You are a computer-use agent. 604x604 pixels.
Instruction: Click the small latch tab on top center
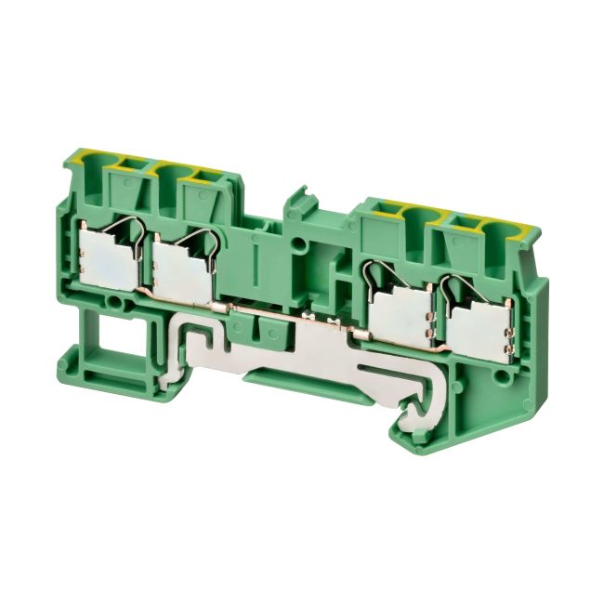[297, 199]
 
